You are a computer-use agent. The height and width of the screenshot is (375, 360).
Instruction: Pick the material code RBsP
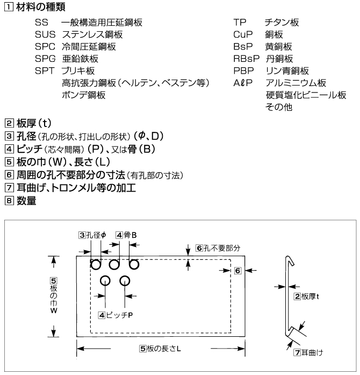[x=244, y=58]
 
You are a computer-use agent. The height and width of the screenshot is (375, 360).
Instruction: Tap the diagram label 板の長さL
[x=160, y=348]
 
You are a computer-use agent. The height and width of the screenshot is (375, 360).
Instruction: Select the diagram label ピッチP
[x=116, y=314]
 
